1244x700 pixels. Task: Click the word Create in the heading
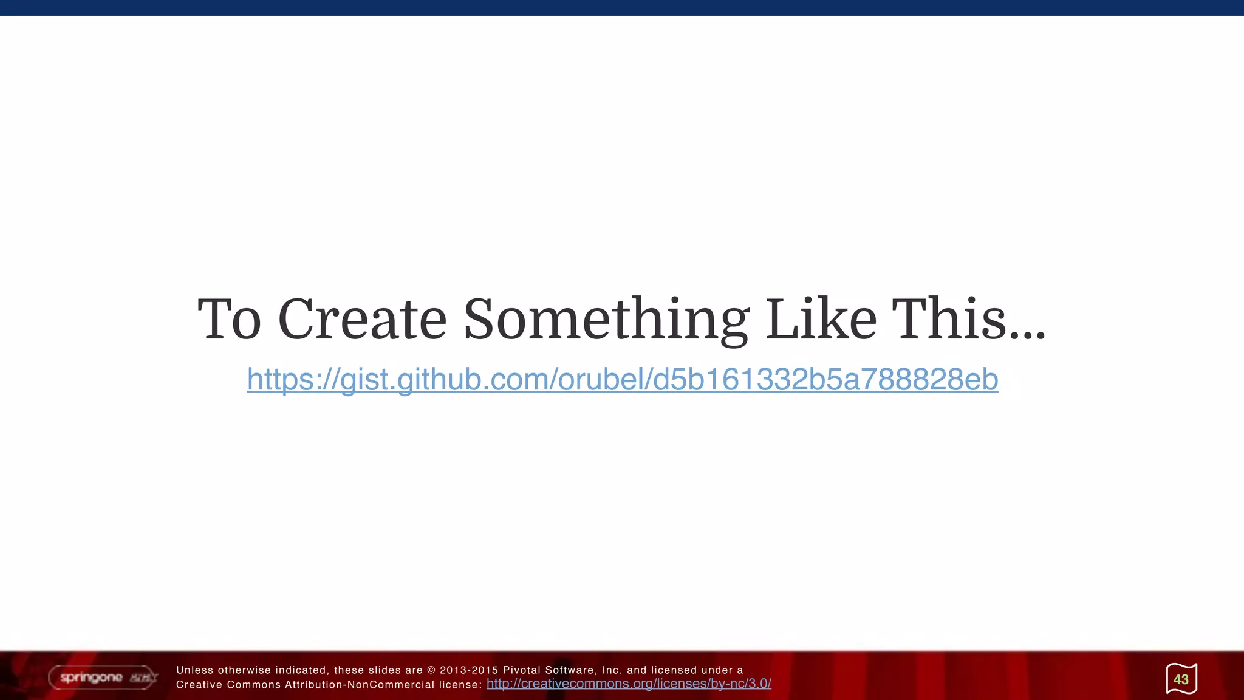tap(362, 320)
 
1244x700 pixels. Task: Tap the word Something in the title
tap(606, 321)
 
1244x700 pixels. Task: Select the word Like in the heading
tap(821, 320)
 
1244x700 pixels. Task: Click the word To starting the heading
tap(229, 320)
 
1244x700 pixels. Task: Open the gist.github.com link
tap(622, 379)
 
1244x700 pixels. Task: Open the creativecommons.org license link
tap(629, 684)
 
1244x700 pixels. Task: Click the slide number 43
tap(1181, 679)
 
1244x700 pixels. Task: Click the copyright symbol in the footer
tap(431, 670)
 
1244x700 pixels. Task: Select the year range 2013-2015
tap(469, 670)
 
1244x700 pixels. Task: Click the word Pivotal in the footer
tap(521, 670)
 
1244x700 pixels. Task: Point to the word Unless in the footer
tap(194, 670)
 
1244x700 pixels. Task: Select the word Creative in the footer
tap(199, 685)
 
